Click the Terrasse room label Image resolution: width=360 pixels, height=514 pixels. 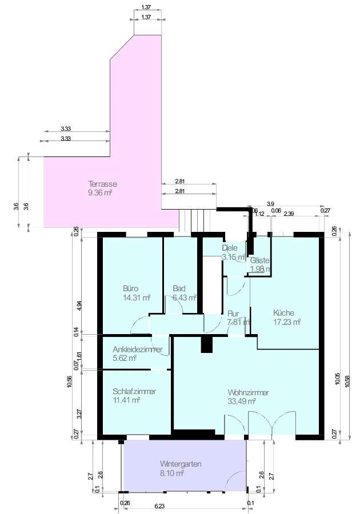coord(103,184)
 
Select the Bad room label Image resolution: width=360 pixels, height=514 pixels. coord(179,288)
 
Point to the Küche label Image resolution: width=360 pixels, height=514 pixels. coord(283,312)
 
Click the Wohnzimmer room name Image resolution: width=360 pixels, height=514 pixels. coord(248,392)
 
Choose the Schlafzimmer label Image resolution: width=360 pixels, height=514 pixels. coord(134,391)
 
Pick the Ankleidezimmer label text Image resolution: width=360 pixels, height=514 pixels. coord(137,350)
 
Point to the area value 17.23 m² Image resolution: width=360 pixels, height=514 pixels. coord(287,322)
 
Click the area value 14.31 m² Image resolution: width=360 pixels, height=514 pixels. coord(136,298)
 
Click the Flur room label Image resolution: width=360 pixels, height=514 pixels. coord(233,314)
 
